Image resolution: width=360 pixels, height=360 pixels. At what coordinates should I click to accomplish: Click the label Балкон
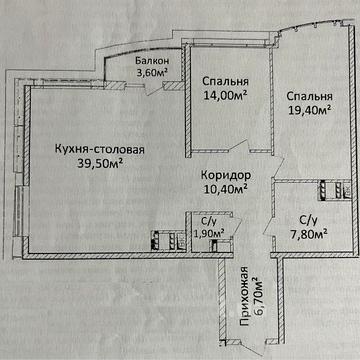[152, 61]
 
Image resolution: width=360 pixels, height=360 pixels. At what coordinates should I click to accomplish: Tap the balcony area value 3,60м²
[152, 72]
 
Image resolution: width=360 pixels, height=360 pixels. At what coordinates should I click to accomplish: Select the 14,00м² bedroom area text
[225, 96]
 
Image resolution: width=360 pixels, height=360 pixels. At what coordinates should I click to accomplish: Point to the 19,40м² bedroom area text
[309, 109]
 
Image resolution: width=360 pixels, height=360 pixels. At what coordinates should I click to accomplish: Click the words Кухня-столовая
[100, 149]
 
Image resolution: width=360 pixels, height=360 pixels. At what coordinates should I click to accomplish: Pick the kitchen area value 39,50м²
[99, 163]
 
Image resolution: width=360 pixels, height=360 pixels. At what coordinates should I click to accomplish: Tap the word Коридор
[226, 175]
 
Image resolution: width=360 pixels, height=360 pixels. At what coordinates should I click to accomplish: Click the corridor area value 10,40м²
[225, 189]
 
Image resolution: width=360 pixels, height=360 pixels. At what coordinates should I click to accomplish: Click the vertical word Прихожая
[244, 296]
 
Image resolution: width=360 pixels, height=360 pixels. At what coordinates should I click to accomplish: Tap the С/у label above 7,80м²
[307, 220]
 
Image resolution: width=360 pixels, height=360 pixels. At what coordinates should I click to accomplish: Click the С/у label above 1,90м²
[209, 221]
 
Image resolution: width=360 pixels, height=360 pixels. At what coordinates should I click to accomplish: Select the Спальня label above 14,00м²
[225, 82]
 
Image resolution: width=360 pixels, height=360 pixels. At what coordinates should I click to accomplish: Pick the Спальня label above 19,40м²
[309, 96]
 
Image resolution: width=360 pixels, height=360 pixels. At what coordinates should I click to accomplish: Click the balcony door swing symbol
[154, 88]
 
